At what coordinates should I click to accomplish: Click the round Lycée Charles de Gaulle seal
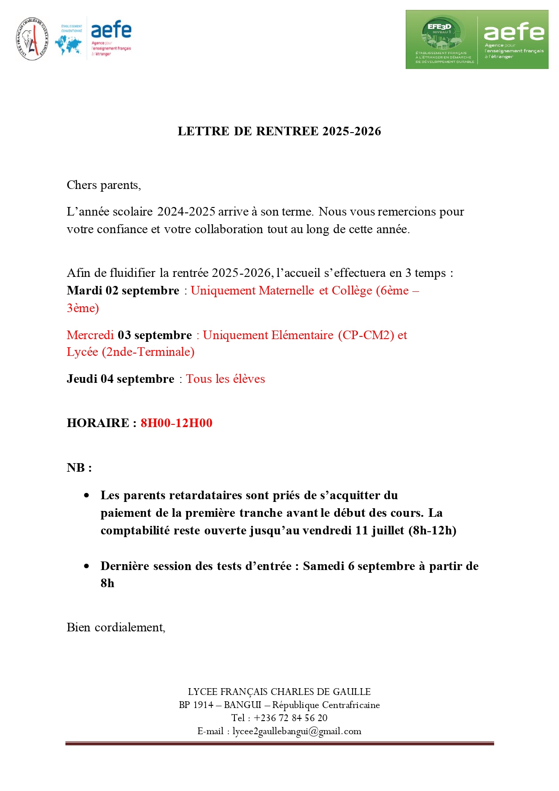32,39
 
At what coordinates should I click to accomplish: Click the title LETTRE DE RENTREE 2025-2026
279,131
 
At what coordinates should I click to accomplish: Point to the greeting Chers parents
104,185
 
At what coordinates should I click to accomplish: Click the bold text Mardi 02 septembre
123,291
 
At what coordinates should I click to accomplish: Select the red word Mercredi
90,335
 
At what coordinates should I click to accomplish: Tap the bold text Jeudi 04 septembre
120,379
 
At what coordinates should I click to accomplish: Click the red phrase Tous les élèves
225,379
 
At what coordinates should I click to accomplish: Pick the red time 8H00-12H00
176,423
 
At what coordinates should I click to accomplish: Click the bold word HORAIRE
98,423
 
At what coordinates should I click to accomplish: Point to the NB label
79,468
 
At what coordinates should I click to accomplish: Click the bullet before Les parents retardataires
87,496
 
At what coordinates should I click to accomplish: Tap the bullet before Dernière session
87,566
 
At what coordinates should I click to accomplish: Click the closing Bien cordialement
116,628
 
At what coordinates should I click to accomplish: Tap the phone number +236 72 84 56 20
290,718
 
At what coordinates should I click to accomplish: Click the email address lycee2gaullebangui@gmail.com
297,731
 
